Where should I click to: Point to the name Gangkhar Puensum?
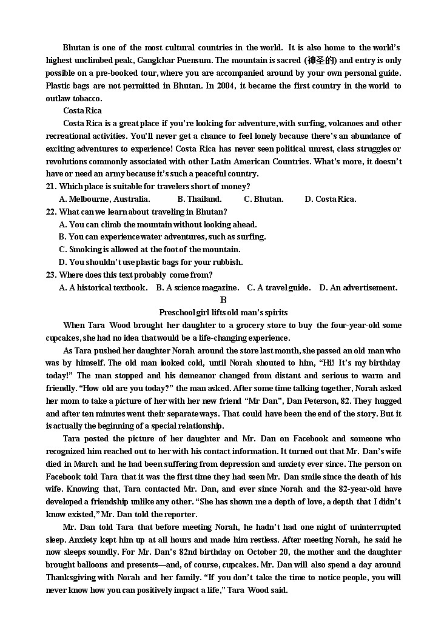click(x=174, y=60)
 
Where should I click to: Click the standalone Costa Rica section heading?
click(x=82, y=110)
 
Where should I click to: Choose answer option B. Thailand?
click(x=200, y=199)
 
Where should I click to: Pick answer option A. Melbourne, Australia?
click(x=104, y=199)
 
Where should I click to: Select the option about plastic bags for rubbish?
click(x=151, y=262)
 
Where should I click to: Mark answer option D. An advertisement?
click(x=358, y=287)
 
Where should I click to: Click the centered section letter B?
click(x=223, y=300)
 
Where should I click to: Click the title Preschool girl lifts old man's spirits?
click(x=223, y=312)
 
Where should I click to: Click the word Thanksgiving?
click(x=75, y=577)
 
